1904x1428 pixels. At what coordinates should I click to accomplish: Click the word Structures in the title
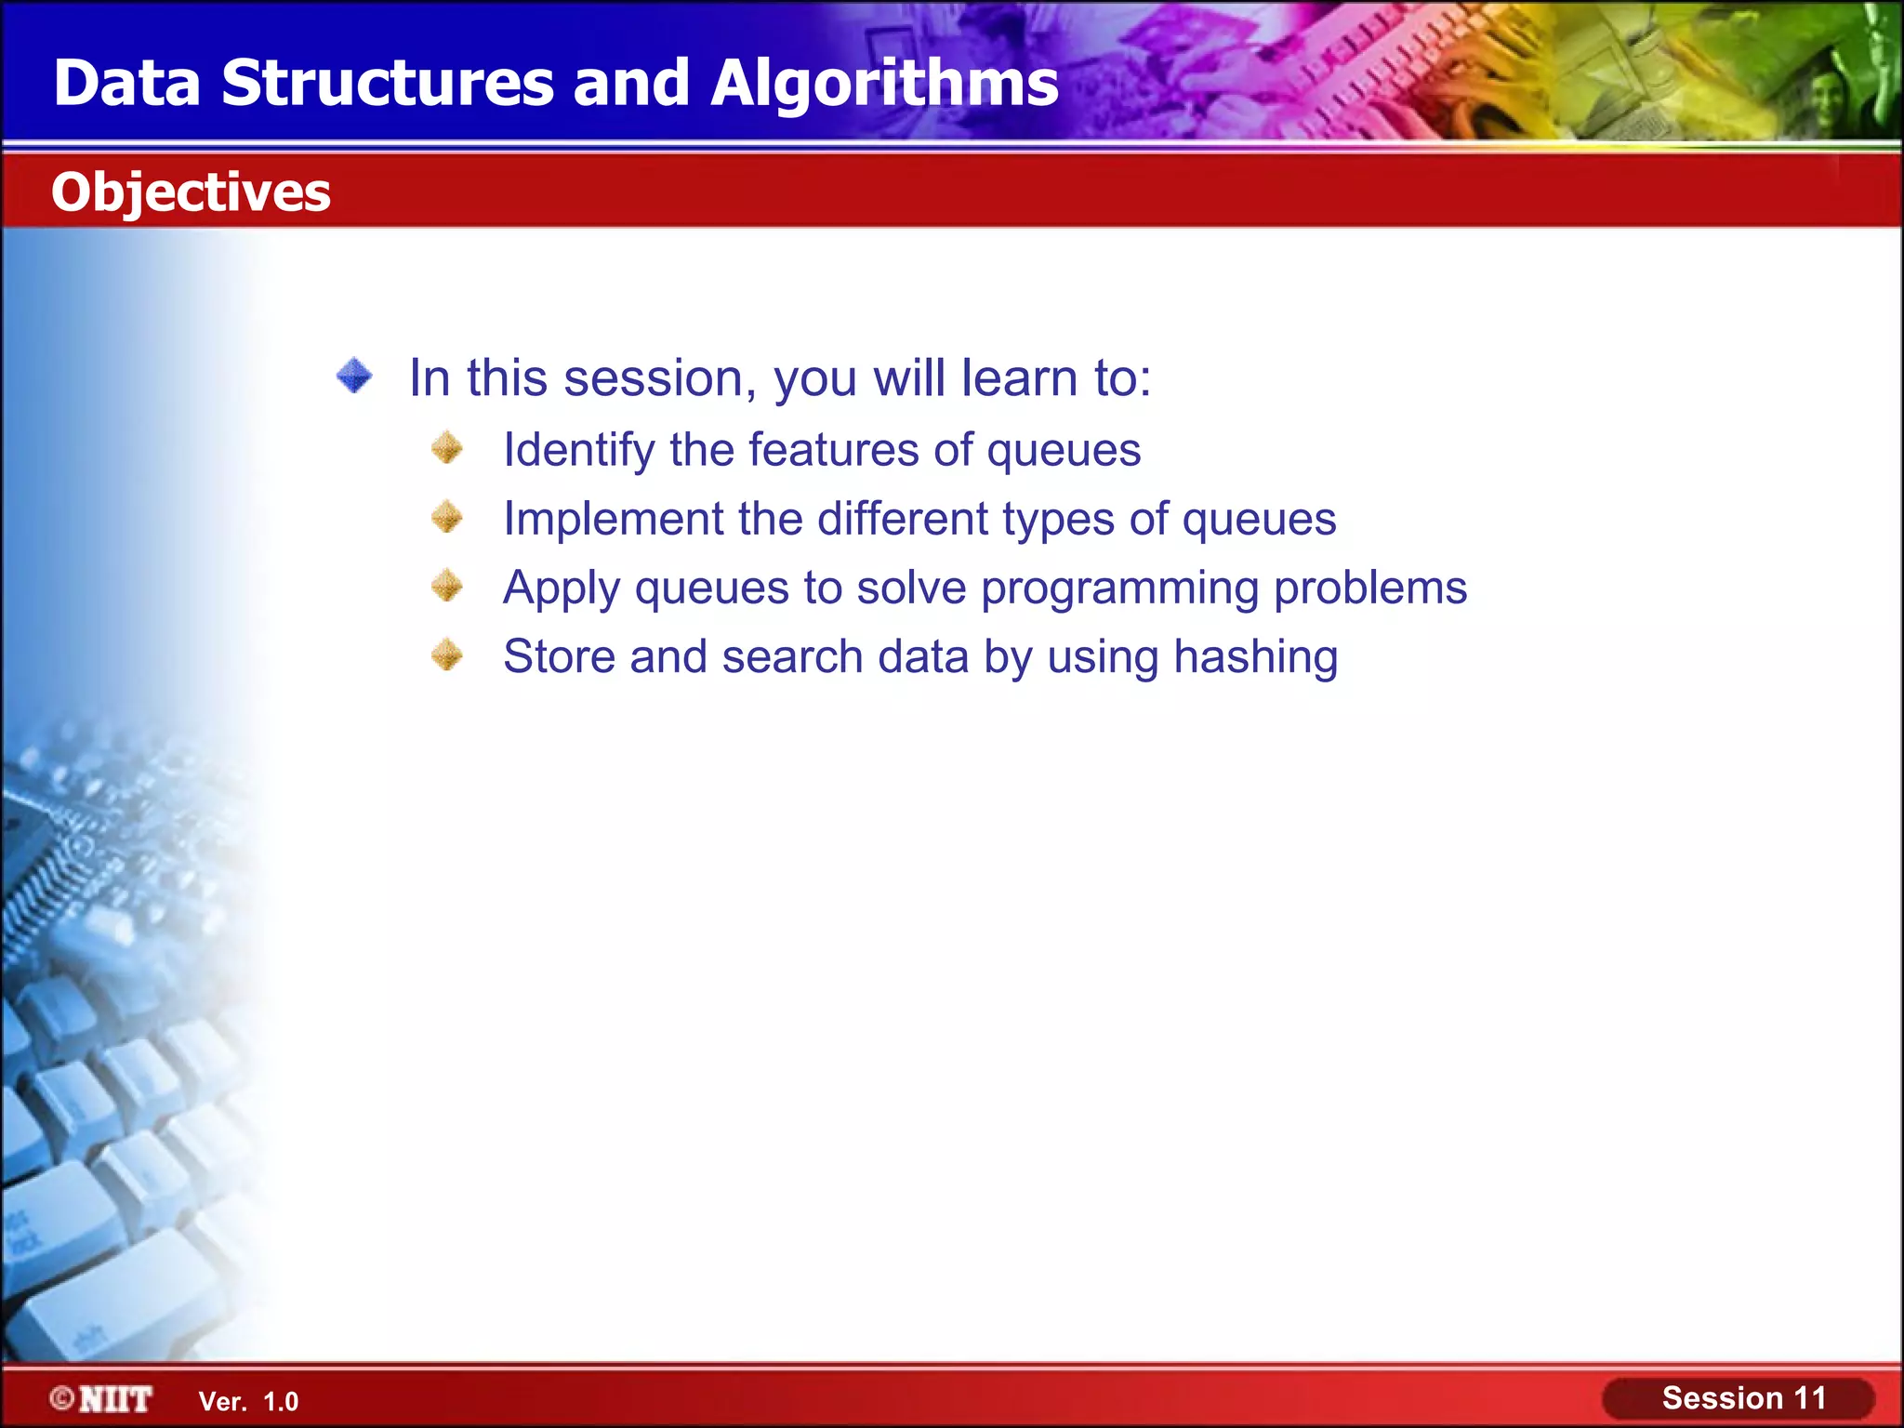click(x=388, y=84)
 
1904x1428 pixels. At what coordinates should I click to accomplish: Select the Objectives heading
click(x=191, y=192)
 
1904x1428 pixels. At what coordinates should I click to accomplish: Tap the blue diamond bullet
click(x=354, y=377)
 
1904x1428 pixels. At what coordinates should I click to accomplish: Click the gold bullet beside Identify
click(x=447, y=448)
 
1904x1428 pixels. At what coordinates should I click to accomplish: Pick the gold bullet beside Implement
click(x=447, y=517)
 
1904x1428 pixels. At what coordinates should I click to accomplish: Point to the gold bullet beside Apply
click(x=447, y=586)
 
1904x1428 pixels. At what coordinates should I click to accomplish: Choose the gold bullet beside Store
click(x=447, y=655)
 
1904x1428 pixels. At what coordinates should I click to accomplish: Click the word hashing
click(x=1255, y=657)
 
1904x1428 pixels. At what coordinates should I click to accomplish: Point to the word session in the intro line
click(x=659, y=379)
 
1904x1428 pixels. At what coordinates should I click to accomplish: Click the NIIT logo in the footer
click(x=115, y=1399)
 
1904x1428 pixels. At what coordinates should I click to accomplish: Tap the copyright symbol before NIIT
click(x=62, y=1398)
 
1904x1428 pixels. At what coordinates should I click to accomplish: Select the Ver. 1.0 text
click(x=248, y=1402)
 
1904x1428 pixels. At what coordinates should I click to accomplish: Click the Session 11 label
click(x=1743, y=1398)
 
